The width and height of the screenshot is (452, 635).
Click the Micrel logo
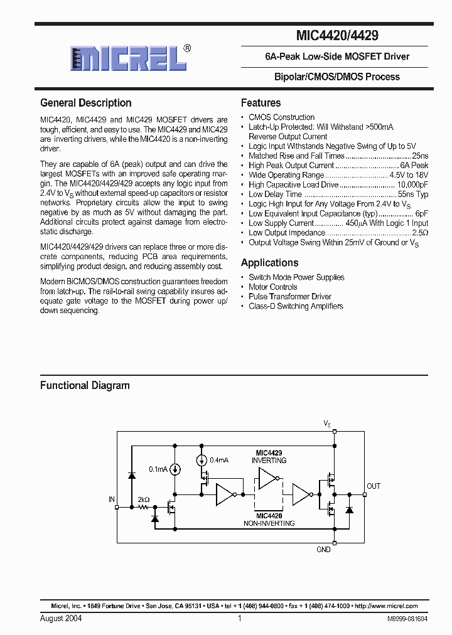[x=128, y=58]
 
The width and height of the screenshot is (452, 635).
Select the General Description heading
[x=86, y=103]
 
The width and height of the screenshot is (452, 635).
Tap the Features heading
[x=261, y=103]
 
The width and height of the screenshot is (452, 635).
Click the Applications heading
[x=269, y=263]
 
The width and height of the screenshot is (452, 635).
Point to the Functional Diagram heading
[x=85, y=385]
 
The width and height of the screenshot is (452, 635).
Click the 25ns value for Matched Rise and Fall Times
[x=420, y=156]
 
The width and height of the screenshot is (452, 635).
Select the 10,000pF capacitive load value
[x=412, y=185]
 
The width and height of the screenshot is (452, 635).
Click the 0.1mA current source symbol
[x=175, y=469]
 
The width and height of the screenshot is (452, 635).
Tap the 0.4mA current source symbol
[x=202, y=461]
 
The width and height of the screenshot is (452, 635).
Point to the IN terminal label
[x=112, y=499]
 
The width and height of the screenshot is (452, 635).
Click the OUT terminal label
[x=374, y=486]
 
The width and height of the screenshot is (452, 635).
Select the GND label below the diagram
[x=323, y=549]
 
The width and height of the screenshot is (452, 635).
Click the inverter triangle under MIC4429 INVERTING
[x=268, y=481]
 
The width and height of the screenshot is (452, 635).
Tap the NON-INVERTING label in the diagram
[x=269, y=523]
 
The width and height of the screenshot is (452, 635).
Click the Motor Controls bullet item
[x=273, y=287]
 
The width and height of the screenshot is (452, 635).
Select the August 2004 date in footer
[x=61, y=618]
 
